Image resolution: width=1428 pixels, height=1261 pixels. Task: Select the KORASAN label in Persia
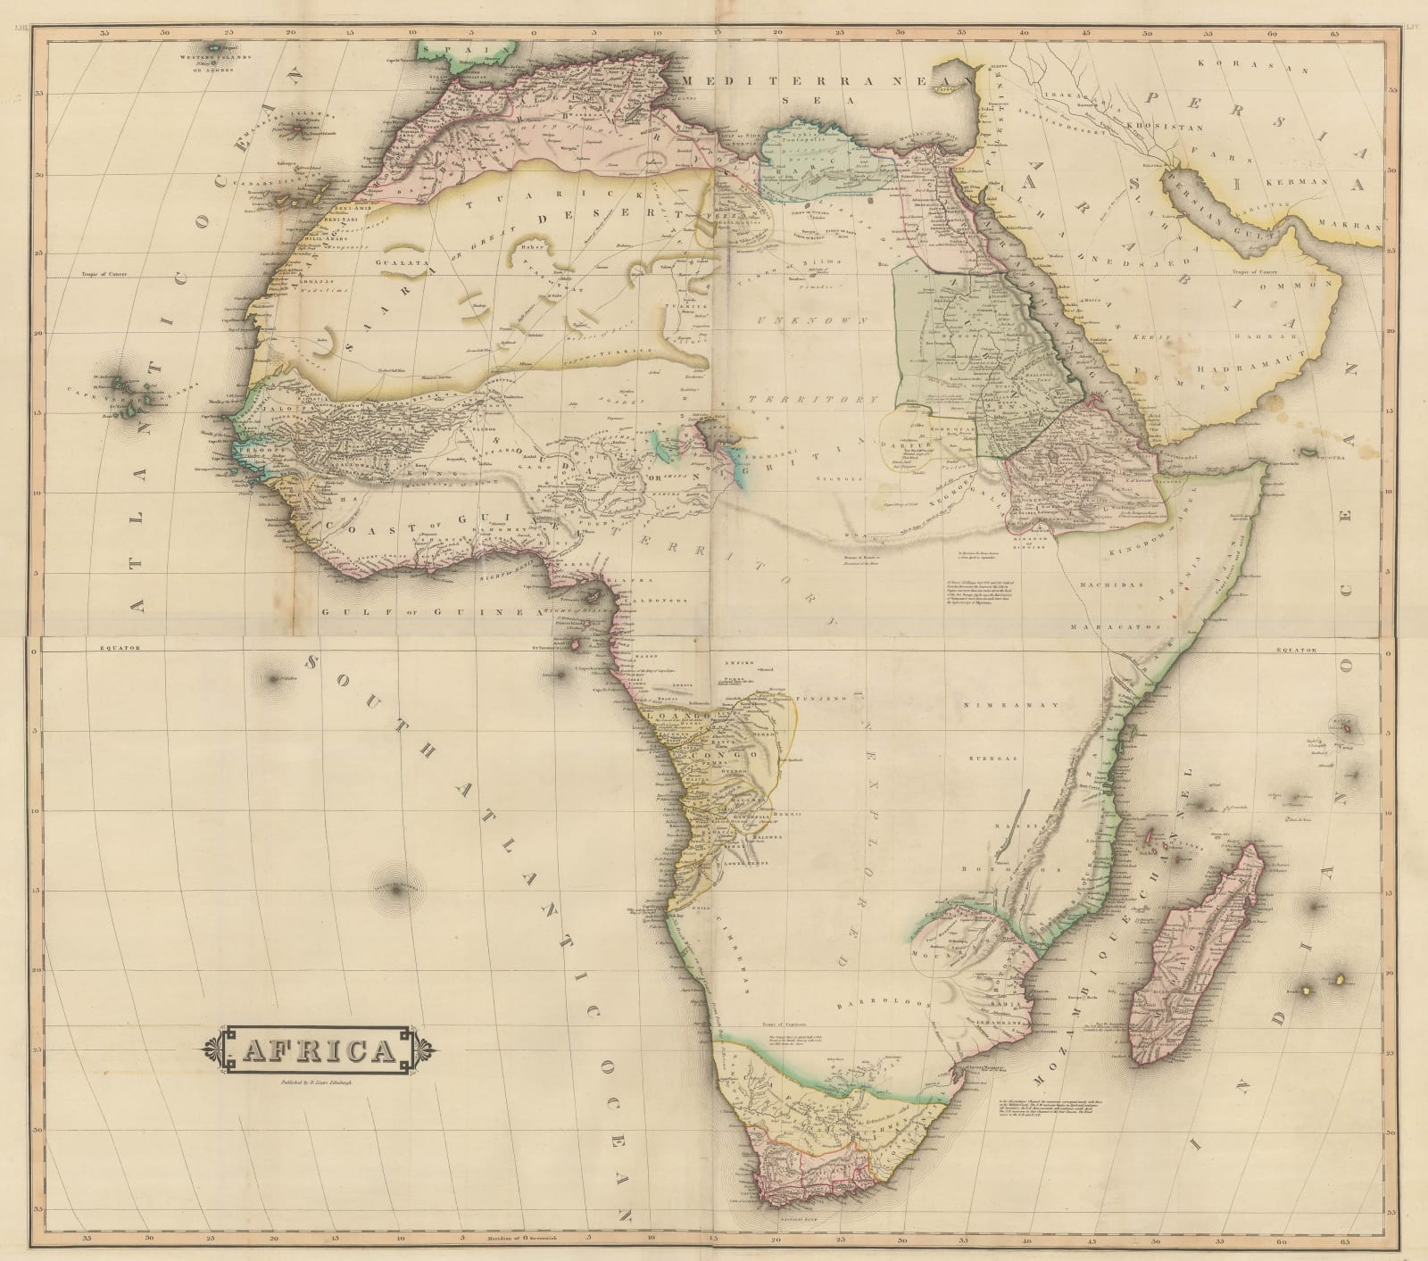point(1241,63)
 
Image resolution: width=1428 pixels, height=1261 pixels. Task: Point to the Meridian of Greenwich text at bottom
point(519,1237)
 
